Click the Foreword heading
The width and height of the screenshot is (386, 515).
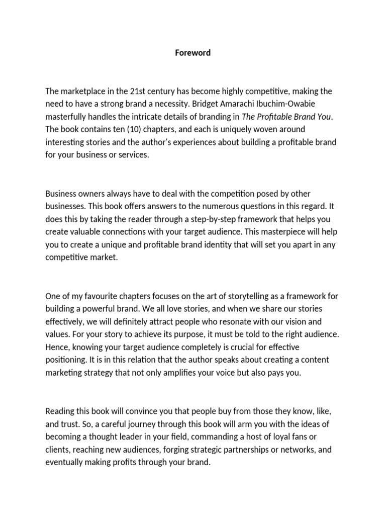point(193,52)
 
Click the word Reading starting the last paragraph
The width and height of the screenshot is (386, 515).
point(60,411)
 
